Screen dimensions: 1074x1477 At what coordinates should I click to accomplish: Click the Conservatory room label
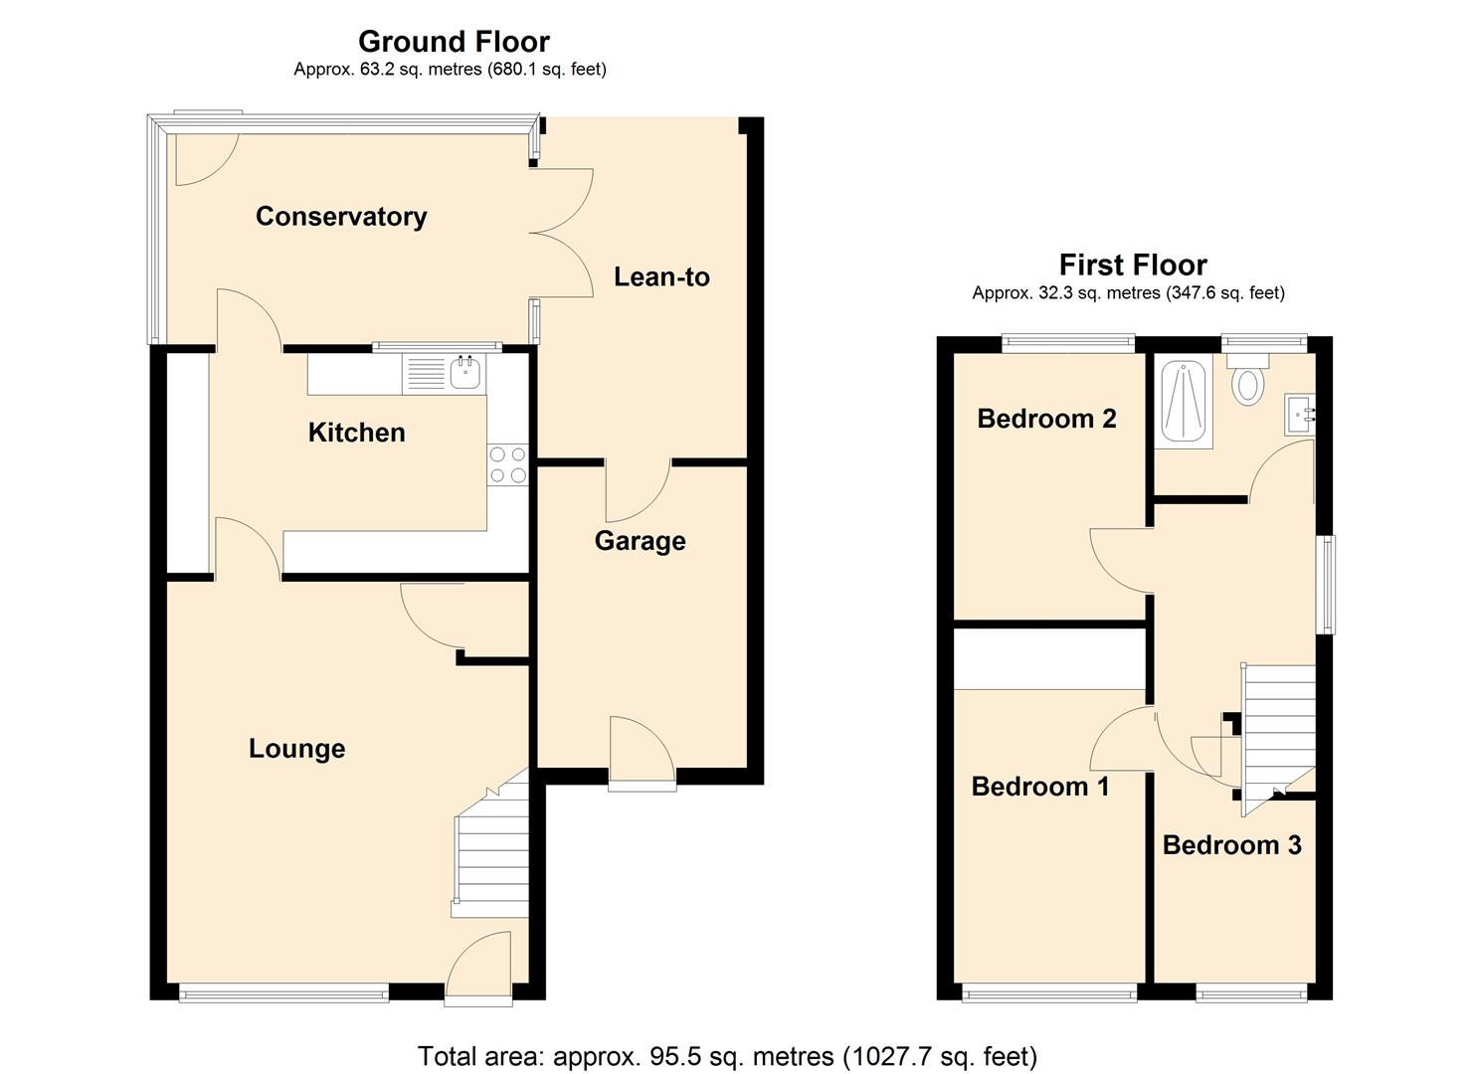point(341,217)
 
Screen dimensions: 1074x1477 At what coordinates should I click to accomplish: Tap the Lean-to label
point(661,276)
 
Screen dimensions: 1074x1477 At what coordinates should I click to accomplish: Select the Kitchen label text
point(356,433)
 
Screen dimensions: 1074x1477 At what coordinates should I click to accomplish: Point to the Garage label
point(640,541)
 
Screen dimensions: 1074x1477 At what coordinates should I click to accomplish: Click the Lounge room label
point(296,749)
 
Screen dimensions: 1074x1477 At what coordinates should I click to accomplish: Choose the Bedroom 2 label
point(1046,419)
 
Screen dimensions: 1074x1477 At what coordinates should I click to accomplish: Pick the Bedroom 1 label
point(1039,787)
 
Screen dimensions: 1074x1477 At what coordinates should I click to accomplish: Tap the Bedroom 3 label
point(1231,845)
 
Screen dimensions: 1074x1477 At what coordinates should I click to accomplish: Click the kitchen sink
point(464,374)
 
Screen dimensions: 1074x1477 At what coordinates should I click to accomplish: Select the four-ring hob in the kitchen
point(507,465)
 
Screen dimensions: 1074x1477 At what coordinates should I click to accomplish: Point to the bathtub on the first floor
point(1184,404)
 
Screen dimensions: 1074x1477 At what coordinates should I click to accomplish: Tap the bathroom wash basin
point(1301,415)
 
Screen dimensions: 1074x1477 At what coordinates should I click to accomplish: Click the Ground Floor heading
point(453,42)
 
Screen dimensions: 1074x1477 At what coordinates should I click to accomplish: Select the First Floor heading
point(1132,266)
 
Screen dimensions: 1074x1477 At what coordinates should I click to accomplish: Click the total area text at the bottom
point(727,1055)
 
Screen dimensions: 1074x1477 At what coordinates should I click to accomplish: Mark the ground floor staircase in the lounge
point(491,855)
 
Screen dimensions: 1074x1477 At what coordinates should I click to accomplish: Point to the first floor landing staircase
point(1276,726)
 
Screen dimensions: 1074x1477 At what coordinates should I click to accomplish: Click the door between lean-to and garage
point(638,490)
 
